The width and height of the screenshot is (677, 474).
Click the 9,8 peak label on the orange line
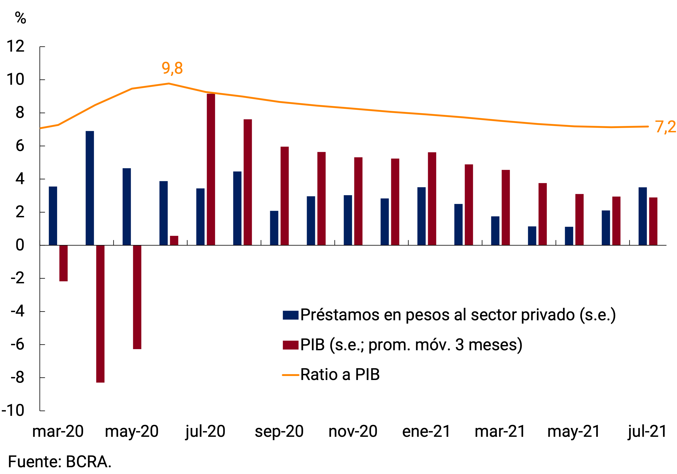click(172, 68)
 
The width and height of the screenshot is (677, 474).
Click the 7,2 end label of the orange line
click(665, 127)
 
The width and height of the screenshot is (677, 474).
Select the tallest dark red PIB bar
click(211, 169)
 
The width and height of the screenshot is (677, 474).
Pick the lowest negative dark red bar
click(100, 314)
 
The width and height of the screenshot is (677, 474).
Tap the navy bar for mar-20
click(53, 215)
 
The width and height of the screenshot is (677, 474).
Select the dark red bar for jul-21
click(653, 221)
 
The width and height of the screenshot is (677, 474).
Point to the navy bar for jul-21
click(642, 216)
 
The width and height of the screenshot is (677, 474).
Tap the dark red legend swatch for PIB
click(291, 345)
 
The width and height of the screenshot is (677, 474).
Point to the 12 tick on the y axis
click(15, 46)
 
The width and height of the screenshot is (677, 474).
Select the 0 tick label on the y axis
click(20, 245)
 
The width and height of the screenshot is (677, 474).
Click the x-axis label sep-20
click(279, 432)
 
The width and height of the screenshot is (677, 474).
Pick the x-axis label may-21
click(574, 432)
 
